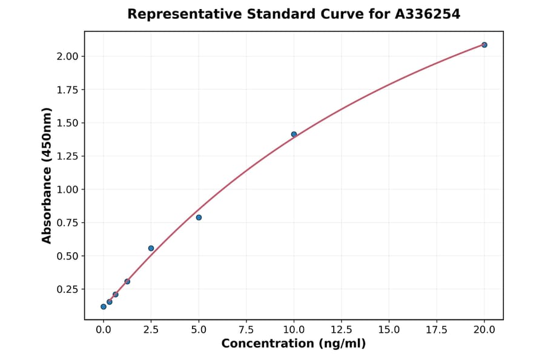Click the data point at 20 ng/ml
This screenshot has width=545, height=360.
coord(484,45)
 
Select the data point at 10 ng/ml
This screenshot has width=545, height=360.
coord(294,135)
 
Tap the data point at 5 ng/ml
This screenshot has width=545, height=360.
coord(199,218)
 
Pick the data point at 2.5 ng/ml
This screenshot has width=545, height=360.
coord(151,248)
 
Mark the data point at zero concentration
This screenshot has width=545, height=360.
coord(104,307)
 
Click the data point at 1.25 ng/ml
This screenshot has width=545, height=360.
coord(127,281)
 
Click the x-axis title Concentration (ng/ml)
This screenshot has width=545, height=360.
coord(294,344)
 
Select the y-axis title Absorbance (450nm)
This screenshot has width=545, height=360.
coord(47,175)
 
